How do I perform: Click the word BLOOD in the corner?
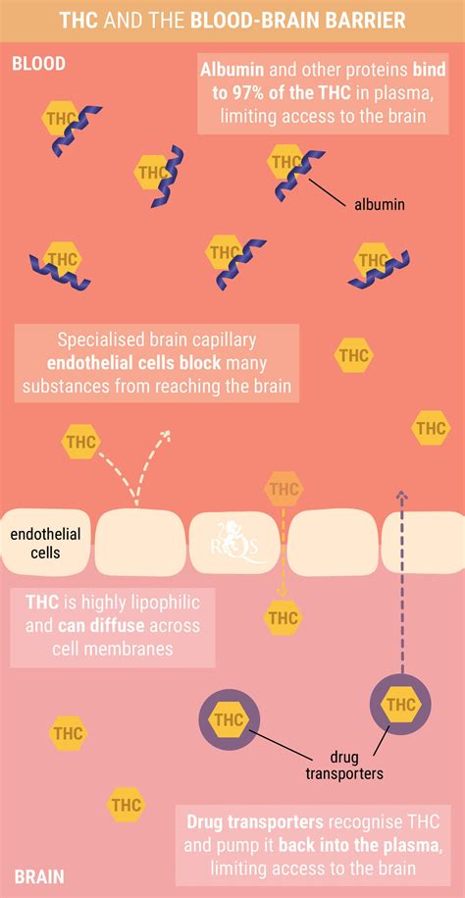point(39,63)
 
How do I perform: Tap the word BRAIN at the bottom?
point(39,876)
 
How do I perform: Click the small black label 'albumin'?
point(379,204)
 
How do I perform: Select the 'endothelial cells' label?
point(46,544)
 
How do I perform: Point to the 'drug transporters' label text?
point(343,766)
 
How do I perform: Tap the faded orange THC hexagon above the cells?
point(284,490)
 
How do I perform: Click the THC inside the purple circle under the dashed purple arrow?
point(401,704)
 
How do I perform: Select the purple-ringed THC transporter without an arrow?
point(230,719)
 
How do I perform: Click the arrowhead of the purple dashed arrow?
point(401,495)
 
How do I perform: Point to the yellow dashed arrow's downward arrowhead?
point(281,591)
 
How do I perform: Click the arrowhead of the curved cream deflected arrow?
point(166,434)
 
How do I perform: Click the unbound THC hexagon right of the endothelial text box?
point(354,355)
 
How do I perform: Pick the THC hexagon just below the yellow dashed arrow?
point(284,618)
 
